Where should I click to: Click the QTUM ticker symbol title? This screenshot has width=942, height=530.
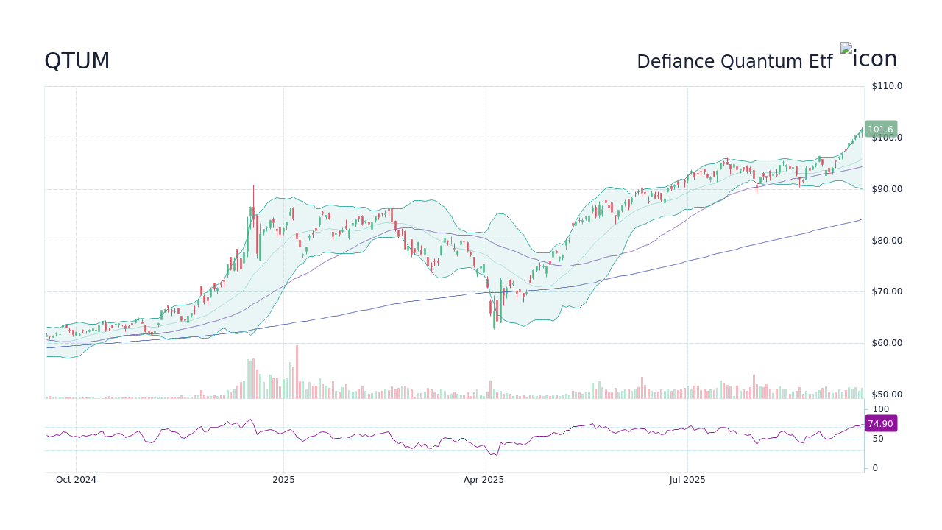coord(77,61)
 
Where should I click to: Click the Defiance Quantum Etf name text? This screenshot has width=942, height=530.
coord(734,62)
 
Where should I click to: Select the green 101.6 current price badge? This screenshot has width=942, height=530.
coord(880,130)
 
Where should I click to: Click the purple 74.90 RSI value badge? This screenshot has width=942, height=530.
coord(880,424)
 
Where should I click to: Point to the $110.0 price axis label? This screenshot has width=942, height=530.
coord(887,86)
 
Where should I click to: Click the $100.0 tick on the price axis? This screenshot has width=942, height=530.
coord(887,138)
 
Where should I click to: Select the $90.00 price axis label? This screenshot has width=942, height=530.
coord(887,189)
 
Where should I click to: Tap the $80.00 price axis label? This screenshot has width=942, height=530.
coord(887,241)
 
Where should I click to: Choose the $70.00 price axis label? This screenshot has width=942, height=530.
coord(887,291)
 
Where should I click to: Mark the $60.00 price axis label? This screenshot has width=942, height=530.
coord(887,343)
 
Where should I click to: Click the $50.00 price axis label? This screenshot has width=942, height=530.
coord(887,395)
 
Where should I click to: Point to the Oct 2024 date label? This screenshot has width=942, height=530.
coord(76,480)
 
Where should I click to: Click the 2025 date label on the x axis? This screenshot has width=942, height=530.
coord(283,480)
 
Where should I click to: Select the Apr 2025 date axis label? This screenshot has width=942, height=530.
coord(484,480)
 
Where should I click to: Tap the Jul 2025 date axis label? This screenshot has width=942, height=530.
coord(687,480)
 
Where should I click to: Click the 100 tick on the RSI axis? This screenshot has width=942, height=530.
coord(881,409)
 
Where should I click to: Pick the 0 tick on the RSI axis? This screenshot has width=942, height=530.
coord(875,468)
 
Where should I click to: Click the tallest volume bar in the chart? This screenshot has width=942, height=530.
coord(297,372)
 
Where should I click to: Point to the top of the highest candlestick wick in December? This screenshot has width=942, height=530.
coord(253,186)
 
